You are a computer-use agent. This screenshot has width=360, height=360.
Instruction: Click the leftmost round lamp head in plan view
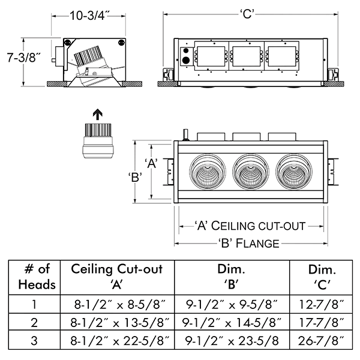click(208, 174)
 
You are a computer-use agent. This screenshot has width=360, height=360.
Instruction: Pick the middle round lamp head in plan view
click(251, 174)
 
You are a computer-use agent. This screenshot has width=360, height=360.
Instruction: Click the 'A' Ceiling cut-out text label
click(251, 226)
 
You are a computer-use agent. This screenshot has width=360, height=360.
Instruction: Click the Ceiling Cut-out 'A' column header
click(117, 276)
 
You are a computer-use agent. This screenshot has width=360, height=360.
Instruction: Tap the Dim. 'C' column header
click(322, 276)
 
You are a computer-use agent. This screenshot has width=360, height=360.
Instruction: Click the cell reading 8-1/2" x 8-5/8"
click(117, 304)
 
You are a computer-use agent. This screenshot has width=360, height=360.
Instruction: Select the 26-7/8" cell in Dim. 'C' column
click(322, 341)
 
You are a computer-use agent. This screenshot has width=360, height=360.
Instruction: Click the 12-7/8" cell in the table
click(322, 304)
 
